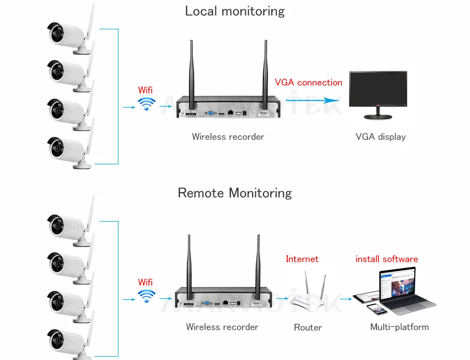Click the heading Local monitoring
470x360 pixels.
point(235,11)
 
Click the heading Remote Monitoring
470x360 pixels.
point(235,193)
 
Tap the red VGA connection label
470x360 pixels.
point(308,82)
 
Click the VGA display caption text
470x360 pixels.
point(380,136)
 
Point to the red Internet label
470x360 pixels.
point(302,259)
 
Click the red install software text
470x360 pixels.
point(387,259)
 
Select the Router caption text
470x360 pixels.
point(308,327)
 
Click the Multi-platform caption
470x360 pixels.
point(399,327)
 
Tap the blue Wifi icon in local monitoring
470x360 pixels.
point(146,104)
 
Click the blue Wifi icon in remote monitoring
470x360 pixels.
point(146,295)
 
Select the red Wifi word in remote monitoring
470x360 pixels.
point(145,282)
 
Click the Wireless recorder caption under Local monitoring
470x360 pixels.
point(228,136)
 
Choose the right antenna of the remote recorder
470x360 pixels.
point(258,264)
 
